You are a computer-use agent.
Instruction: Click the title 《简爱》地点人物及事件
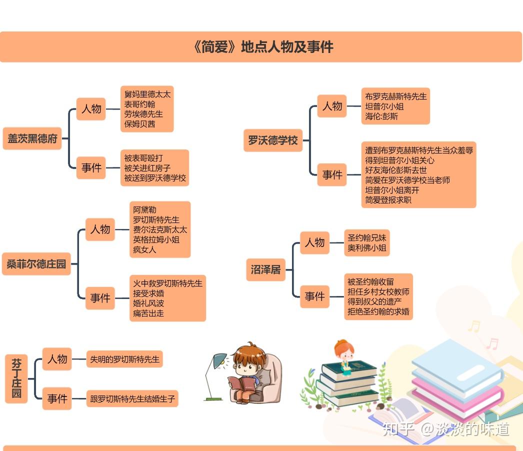(x=262, y=47)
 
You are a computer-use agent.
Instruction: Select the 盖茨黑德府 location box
(x=32, y=138)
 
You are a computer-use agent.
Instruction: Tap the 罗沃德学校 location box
(x=273, y=140)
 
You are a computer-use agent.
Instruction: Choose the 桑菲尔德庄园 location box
(x=36, y=264)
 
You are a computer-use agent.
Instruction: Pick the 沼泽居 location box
(x=265, y=270)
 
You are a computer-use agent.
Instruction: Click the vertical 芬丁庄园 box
(x=16, y=378)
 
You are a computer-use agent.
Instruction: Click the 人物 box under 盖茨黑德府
(x=91, y=109)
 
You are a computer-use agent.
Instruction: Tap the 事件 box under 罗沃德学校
(x=332, y=174)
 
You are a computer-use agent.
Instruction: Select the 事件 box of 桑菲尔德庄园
(x=100, y=298)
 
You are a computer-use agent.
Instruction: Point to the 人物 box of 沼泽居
(x=314, y=242)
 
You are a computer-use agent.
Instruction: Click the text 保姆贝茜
(x=139, y=124)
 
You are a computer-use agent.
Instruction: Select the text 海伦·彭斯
(x=381, y=116)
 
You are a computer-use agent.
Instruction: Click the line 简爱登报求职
(x=388, y=200)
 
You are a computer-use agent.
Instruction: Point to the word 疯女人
(x=144, y=249)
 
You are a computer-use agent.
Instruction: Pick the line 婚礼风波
(x=148, y=303)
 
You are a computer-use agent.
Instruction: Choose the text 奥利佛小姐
(x=367, y=247)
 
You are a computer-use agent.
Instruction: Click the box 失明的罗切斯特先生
(x=124, y=359)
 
